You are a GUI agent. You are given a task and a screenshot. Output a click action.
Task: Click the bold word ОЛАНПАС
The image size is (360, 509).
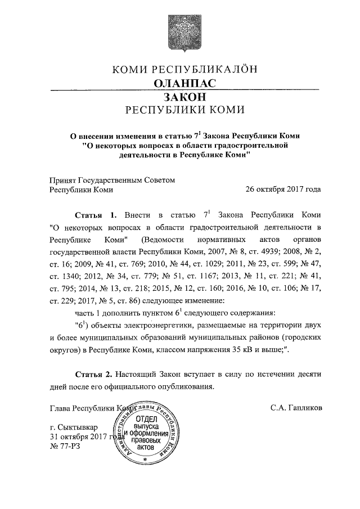[185, 83]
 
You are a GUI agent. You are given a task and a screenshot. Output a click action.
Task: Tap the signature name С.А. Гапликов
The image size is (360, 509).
[296, 407]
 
